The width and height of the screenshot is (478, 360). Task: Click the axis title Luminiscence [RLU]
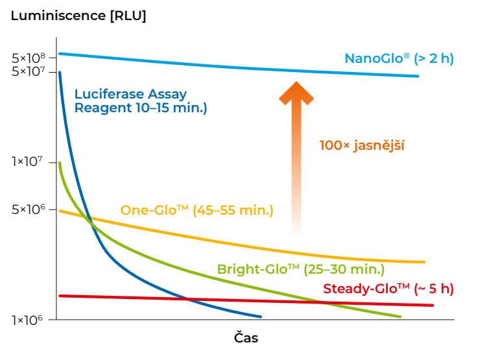coord(78,16)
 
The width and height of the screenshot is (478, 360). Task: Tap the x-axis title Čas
coord(246,338)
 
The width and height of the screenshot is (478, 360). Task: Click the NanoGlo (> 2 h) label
coord(399,58)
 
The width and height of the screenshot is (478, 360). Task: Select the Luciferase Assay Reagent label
coord(141,101)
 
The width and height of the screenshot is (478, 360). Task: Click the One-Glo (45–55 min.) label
coord(197,210)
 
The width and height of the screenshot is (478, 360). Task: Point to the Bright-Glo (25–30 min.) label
coord(300,269)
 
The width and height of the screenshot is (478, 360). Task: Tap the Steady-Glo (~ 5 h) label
coord(388,289)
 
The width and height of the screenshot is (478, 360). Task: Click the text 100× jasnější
coord(362,145)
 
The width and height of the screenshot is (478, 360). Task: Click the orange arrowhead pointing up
coord(296,92)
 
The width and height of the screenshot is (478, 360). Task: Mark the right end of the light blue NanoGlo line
coord(418,76)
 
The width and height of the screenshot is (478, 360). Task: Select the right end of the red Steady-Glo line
coord(433,305)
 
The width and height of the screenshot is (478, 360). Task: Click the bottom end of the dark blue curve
coord(261,317)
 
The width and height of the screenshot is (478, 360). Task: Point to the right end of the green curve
coord(401,317)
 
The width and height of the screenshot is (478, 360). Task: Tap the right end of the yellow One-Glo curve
coord(424,262)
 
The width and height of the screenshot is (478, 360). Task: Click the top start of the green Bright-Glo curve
coord(60,163)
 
